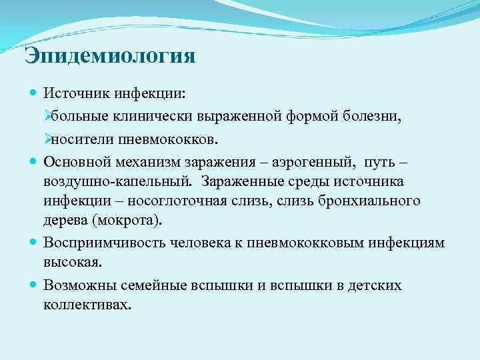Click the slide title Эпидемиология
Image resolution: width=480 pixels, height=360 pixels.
pos(109,55)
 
